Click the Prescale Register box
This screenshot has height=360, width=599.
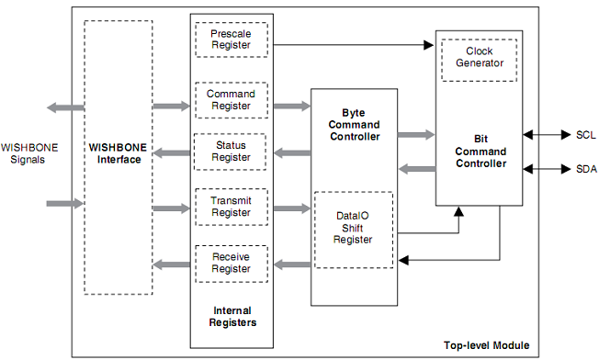(231, 39)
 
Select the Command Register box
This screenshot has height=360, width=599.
(231, 99)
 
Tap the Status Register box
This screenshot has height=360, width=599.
(231, 152)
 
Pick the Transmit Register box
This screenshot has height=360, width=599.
(231, 207)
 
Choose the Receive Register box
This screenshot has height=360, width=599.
(231, 263)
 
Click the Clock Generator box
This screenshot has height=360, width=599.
(479, 58)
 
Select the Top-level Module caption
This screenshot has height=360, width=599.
(486, 345)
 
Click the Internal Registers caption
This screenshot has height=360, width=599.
(231, 317)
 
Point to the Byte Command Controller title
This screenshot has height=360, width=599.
(354, 124)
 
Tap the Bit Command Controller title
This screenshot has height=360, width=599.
(480, 152)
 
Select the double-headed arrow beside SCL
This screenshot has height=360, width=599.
(547, 135)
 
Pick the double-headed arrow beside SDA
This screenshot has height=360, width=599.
(547, 169)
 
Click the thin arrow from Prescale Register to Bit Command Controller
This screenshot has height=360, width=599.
(354, 43)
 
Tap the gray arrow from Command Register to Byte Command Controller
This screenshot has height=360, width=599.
(290, 107)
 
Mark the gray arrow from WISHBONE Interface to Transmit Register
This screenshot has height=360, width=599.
(171, 208)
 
